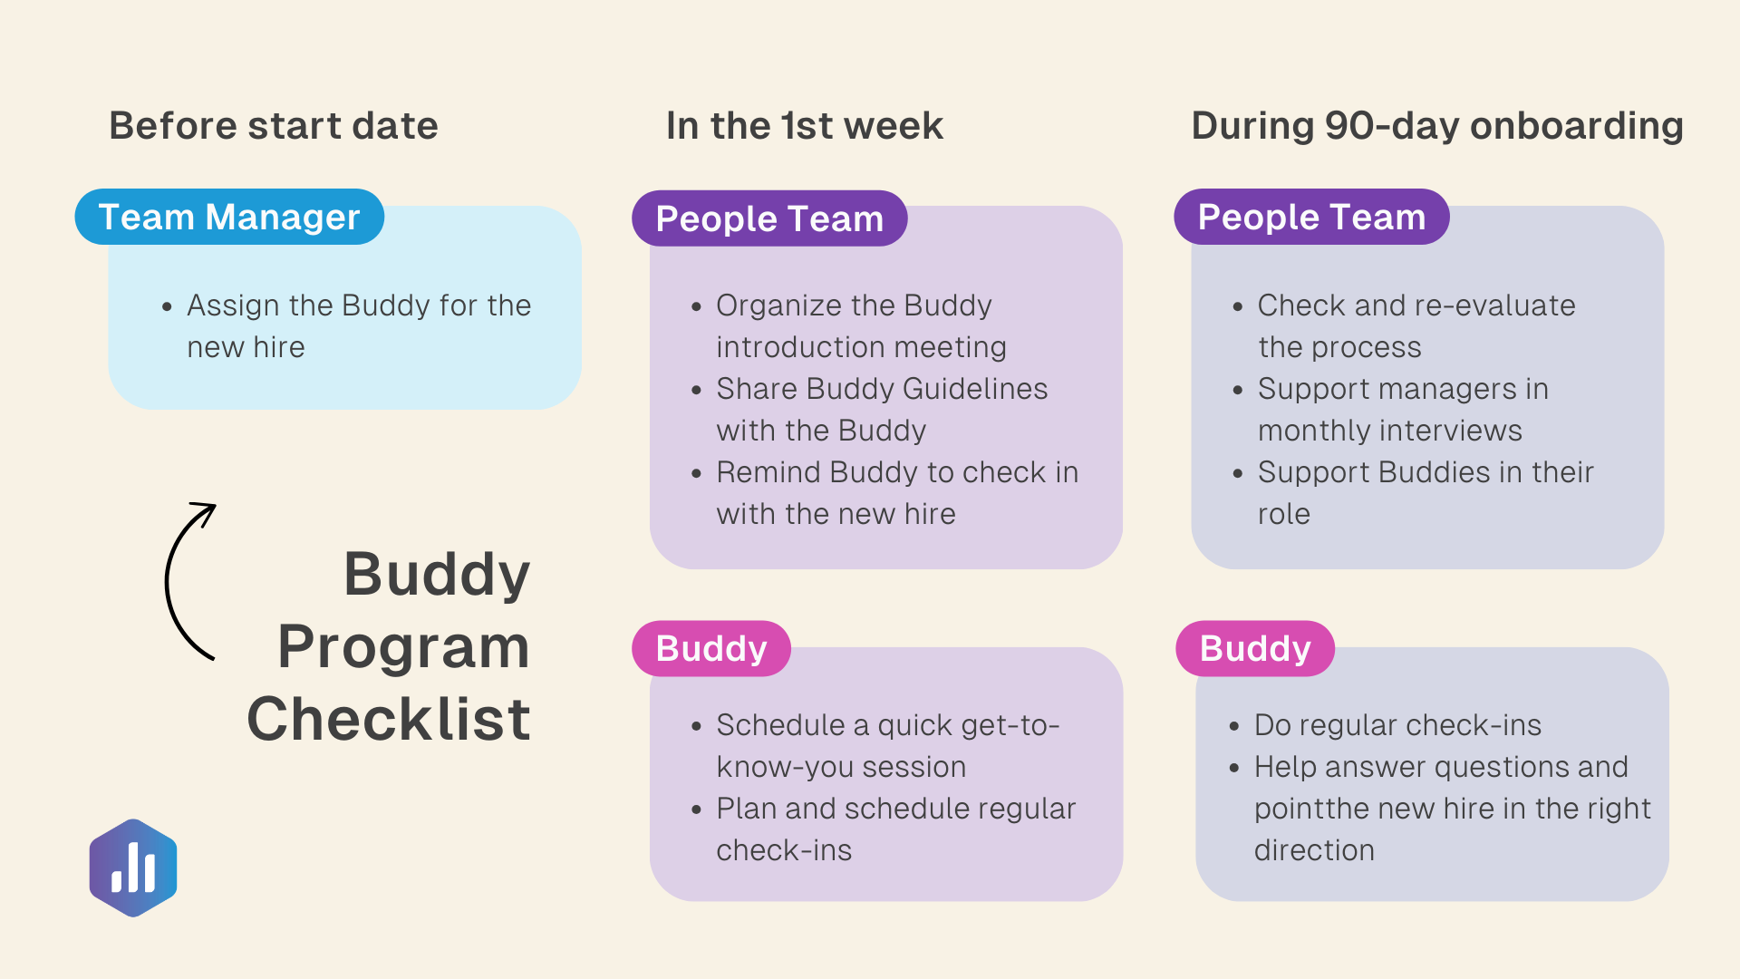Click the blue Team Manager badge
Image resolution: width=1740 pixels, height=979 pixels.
(229, 217)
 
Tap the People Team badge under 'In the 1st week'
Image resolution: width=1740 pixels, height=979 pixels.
(769, 218)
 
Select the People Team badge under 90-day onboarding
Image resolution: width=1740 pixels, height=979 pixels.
(1311, 217)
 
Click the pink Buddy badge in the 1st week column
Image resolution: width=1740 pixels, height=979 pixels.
(711, 648)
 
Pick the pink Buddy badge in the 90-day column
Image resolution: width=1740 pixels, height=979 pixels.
(1255, 648)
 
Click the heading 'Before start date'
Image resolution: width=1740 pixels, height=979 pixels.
(274, 126)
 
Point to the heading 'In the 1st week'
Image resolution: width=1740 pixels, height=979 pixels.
(805, 126)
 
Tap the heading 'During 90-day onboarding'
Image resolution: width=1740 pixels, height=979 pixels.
(1437, 126)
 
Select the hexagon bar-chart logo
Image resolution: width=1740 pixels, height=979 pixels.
(133, 868)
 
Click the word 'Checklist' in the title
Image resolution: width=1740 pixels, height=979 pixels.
(389, 719)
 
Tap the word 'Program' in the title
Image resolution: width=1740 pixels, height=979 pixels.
(403, 647)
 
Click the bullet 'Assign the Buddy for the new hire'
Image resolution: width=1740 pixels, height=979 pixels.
(359, 325)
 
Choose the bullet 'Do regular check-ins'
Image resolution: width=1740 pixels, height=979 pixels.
(1397, 725)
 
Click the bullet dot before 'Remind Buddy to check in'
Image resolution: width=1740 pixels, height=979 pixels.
(696, 473)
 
